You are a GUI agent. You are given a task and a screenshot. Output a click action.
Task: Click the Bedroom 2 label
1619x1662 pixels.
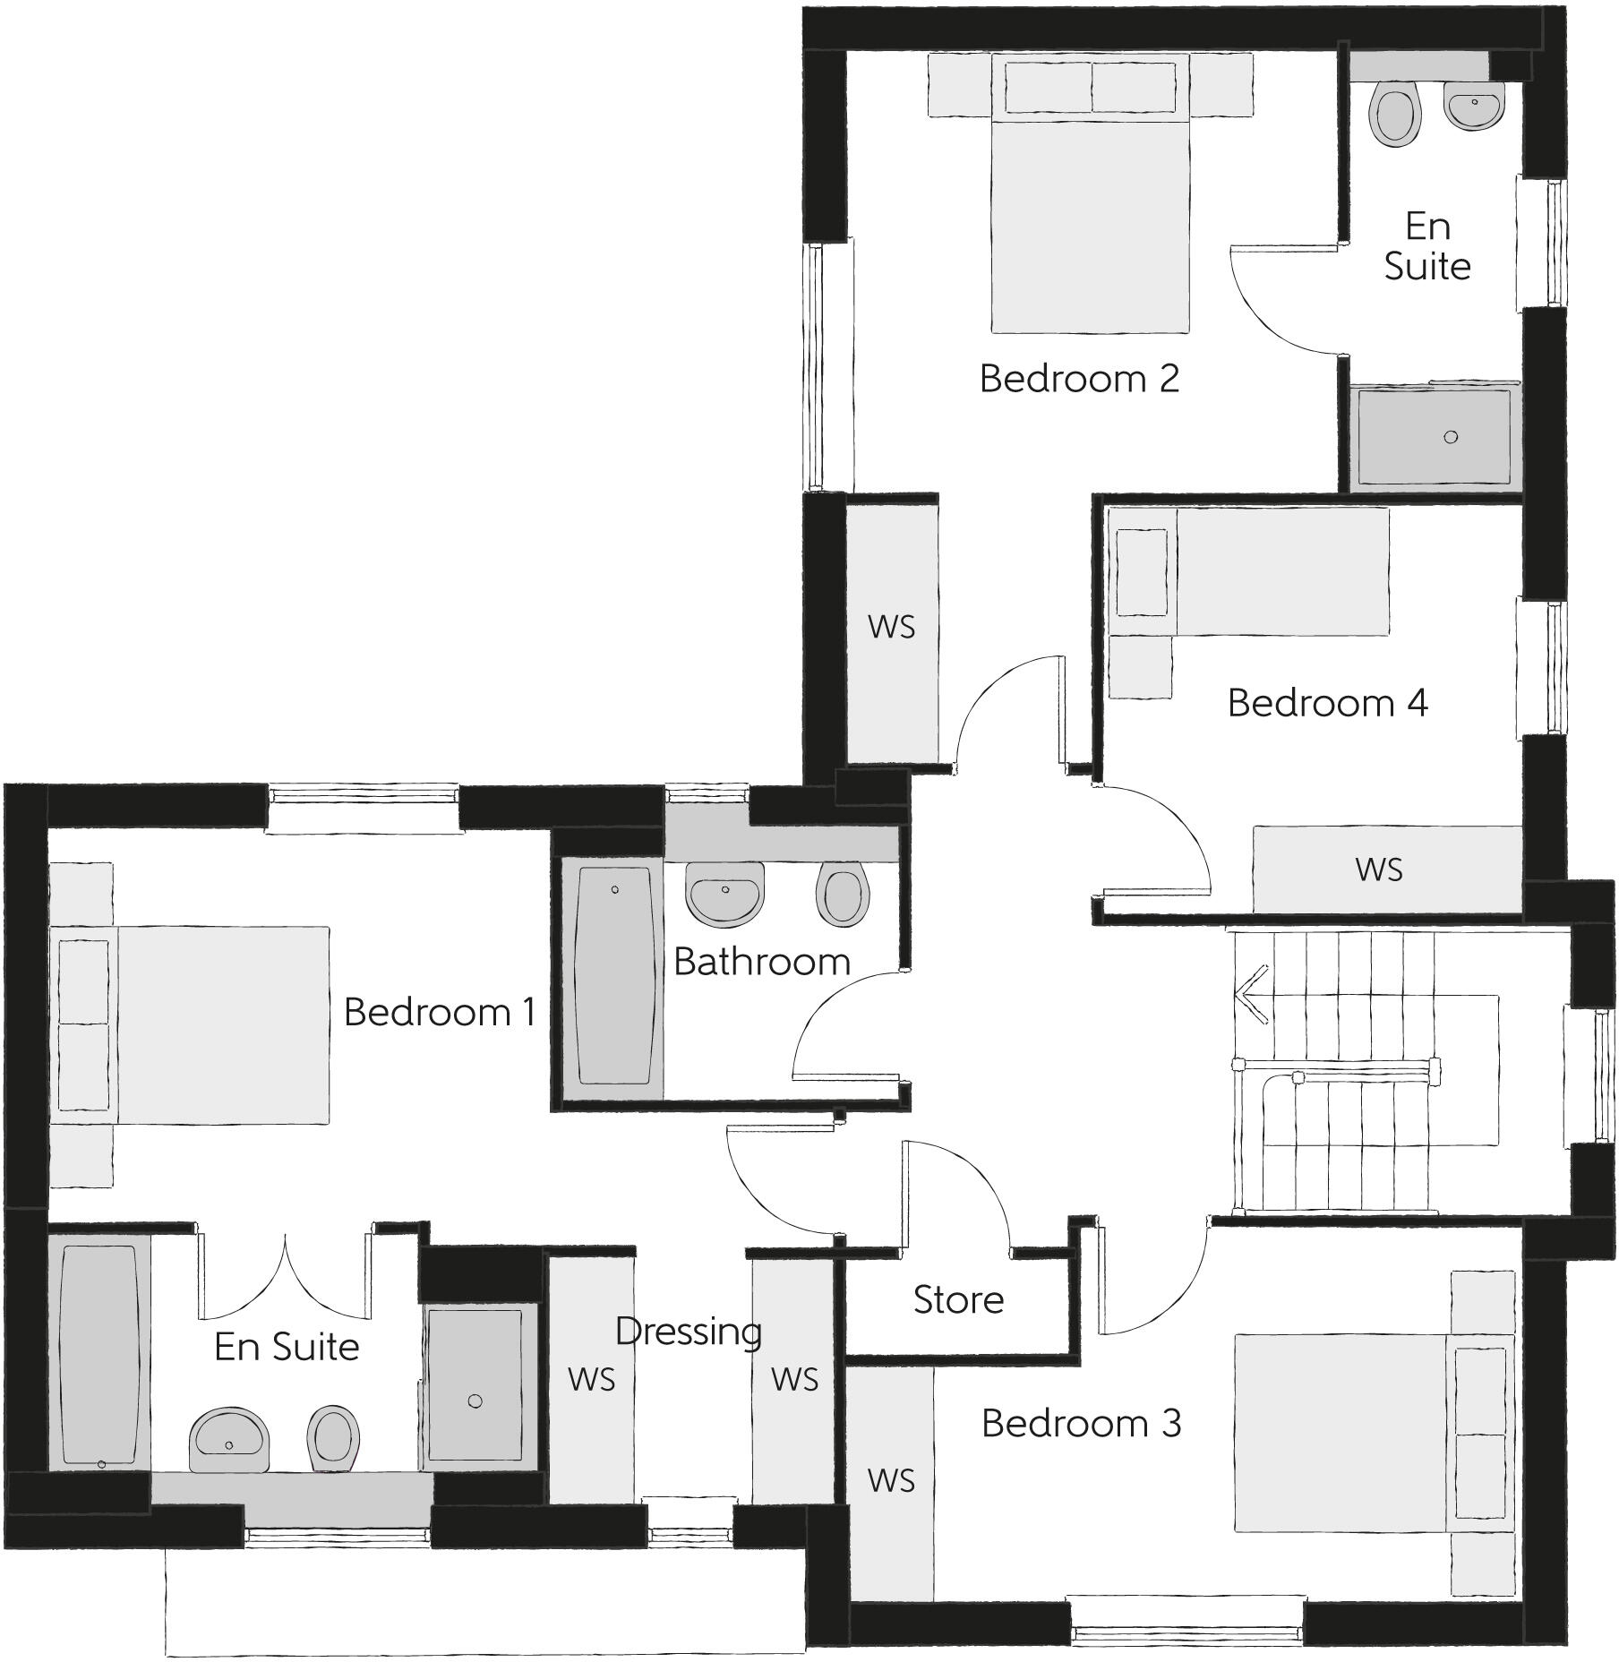coord(1079,379)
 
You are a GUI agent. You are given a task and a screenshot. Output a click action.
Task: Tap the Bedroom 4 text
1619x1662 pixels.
coord(1327,703)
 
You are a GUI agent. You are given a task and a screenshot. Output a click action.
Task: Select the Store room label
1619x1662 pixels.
coord(958,1300)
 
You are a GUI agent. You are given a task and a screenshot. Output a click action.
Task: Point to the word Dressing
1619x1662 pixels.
coord(689,1332)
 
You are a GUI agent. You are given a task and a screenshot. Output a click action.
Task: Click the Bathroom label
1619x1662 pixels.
coord(762,962)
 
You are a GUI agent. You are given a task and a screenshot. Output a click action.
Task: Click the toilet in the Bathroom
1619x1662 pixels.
coord(844,894)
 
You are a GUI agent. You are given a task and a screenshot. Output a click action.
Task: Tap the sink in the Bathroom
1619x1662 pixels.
coord(724,893)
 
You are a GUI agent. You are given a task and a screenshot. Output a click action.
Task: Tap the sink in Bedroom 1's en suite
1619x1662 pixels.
coord(229,1439)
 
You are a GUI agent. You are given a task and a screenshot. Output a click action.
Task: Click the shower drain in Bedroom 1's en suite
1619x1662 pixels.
coord(475,1401)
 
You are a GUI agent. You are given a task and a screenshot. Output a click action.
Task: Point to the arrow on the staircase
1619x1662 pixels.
coord(1252,994)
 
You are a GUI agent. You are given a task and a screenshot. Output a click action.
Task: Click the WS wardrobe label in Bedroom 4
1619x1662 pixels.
coord(1379,870)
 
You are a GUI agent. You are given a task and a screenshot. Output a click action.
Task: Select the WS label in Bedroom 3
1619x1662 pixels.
coord(891,1481)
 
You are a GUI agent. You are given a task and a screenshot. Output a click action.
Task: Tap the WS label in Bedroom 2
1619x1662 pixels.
coord(891,627)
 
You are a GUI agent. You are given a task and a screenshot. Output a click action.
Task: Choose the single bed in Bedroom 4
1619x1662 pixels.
coord(1254,573)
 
